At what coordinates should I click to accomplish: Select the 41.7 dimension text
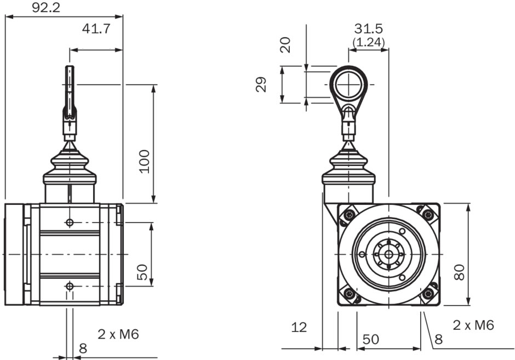[x=96, y=28]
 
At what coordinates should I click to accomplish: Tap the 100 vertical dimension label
[x=144, y=161]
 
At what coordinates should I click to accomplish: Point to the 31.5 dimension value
[x=368, y=28]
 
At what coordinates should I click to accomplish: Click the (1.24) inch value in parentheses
[x=368, y=41]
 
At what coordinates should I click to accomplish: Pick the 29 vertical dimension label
[x=261, y=84]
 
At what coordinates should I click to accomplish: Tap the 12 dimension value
[x=299, y=328]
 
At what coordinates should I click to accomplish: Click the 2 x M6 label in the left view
[x=118, y=334]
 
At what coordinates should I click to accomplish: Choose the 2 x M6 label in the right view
[x=473, y=325]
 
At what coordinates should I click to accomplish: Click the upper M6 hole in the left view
[x=70, y=222]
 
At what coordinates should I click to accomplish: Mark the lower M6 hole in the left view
[x=70, y=286]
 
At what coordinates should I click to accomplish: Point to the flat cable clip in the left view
[x=70, y=90]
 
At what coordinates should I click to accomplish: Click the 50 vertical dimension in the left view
[x=142, y=272]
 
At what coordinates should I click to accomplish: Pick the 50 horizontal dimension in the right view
[x=370, y=340]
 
